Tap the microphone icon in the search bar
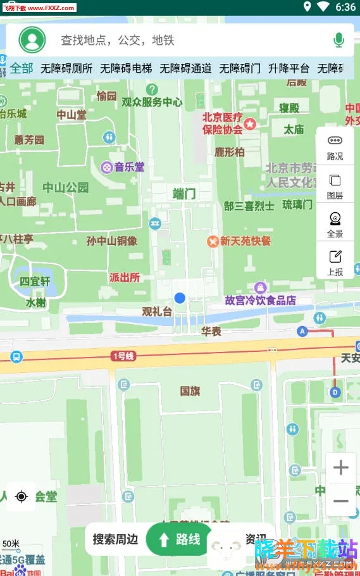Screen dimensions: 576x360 [x=338, y=41]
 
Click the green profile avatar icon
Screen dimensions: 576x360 [x=32, y=40]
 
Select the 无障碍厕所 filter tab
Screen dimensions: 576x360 [x=66, y=68]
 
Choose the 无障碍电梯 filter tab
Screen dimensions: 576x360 [x=126, y=68]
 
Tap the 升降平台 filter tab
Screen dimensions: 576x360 [x=289, y=68]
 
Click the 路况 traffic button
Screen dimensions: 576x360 [x=335, y=147]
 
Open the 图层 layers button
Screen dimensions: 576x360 [x=335, y=186]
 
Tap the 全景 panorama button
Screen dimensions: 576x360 [x=335, y=224]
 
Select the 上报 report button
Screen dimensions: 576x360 [x=335, y=263]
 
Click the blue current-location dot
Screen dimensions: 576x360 [x=180, y=297]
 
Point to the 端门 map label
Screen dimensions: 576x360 [x=184, y=194]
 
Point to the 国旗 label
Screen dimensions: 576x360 [x=190, y=391]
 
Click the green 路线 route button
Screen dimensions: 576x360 [x=179, y=539]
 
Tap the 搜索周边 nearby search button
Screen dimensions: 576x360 [x=115, y=539]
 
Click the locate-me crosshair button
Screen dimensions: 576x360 [x=22, y=497]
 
